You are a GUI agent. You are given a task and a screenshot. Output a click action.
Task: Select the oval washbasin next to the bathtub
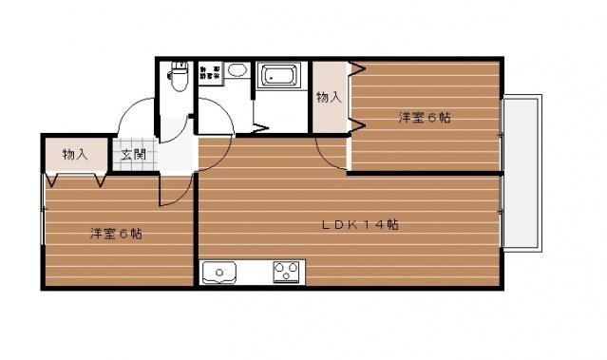pyautogui.click(x=238, y=69)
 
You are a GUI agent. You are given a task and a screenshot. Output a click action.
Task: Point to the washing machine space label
pyautogui.click(x=209, y=70)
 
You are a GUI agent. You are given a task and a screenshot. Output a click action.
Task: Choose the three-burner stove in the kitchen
pyautogui.click(x=286, y=273)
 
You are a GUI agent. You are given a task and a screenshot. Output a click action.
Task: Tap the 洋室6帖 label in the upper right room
pyautogui.click(x=424, y=118)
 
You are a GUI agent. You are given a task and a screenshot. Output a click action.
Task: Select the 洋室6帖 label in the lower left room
pyautogui.click(x=117, y=233)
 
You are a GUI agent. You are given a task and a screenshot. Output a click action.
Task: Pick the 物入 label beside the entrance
pyautogui.click(x=75, y=154)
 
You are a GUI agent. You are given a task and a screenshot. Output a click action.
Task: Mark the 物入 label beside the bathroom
pyautogui.click(x=330, y=96)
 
